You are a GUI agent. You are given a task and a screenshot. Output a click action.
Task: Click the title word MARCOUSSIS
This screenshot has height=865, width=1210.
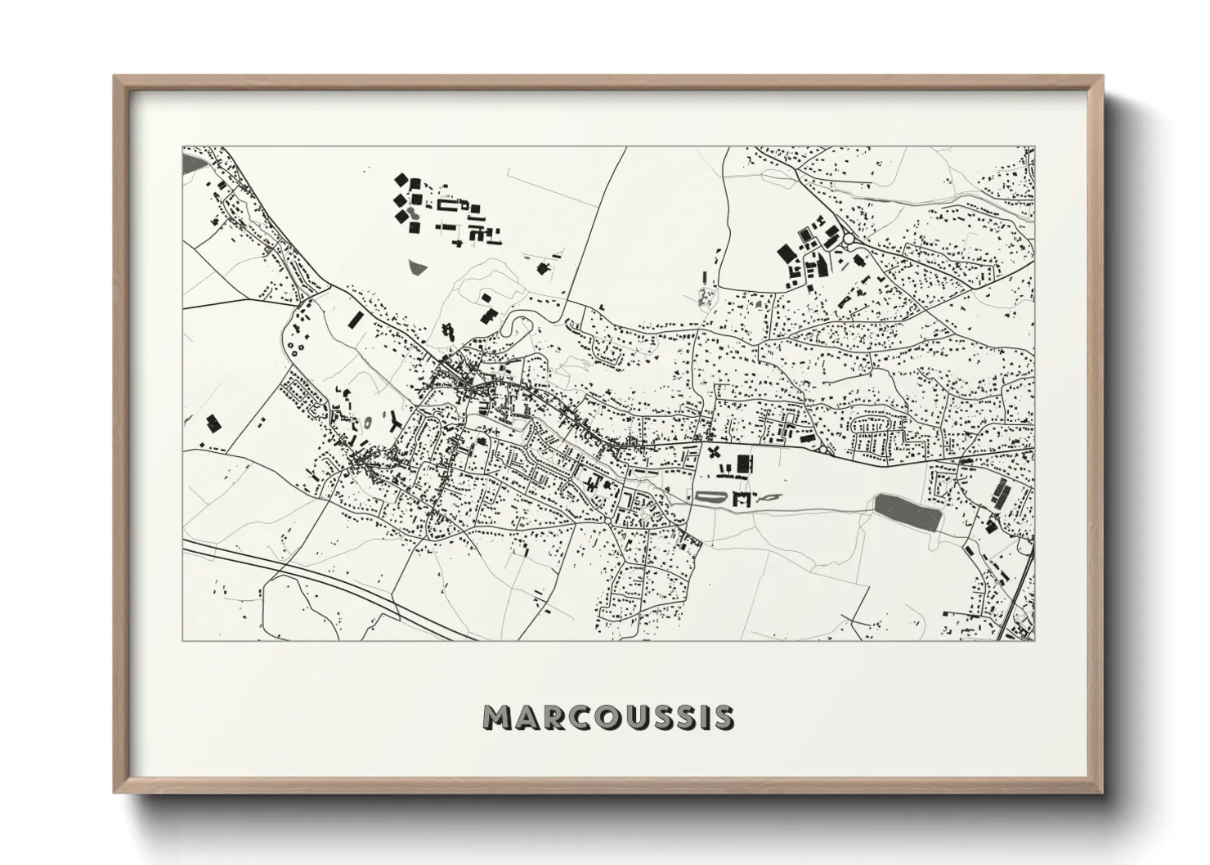point(608,717)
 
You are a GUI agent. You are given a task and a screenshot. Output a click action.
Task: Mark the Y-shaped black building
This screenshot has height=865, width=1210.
point(395,422)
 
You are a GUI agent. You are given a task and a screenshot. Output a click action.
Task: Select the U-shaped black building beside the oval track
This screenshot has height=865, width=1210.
point(743,497)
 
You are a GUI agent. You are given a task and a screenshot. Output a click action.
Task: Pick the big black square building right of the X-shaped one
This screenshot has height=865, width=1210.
point(742,464)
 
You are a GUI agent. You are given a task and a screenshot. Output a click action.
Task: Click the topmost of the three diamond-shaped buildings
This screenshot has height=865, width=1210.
point(401,179)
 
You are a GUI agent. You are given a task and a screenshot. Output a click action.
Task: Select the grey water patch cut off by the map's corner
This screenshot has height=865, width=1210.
point(192,163)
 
